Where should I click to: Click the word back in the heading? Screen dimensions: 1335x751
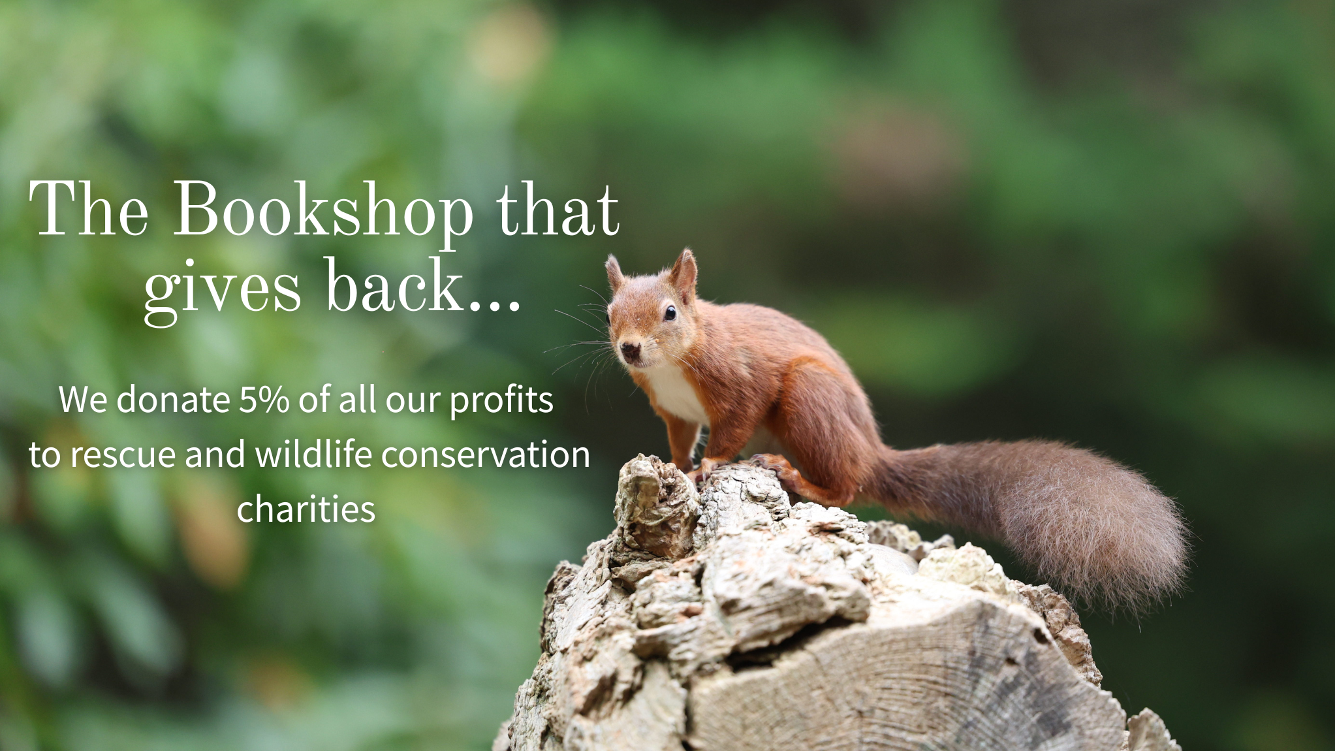click(394, 283)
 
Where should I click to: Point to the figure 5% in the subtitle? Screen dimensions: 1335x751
click(264, 400)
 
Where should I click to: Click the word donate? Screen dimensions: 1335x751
click(173, 400)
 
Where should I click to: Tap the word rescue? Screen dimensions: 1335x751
click(123, 455)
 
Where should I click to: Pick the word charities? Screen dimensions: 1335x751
click(306, 509)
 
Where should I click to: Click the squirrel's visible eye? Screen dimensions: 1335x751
click(670, 313)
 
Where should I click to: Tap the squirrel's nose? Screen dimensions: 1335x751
click(630, 349)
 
